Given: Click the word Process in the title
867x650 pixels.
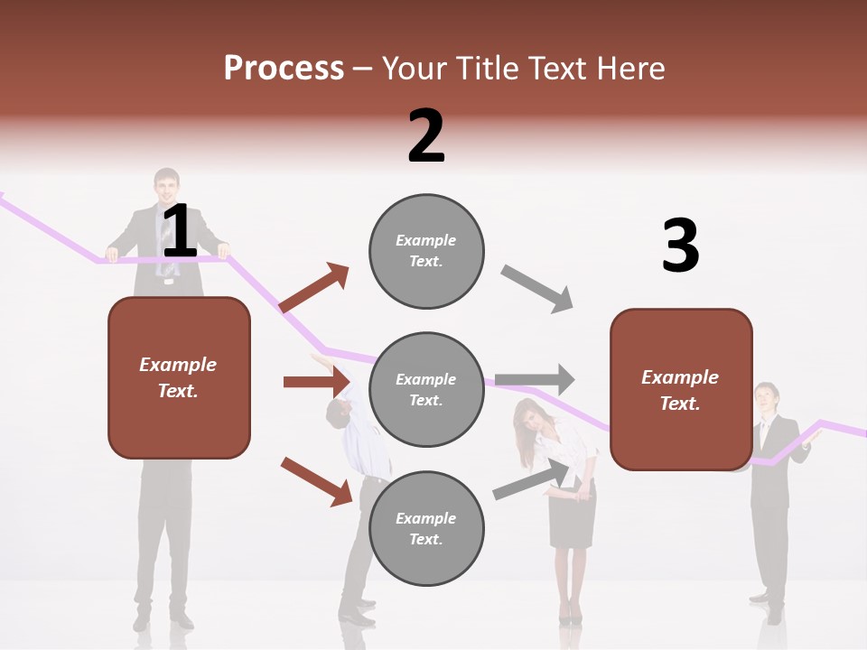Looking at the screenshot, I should [x=284, y=68].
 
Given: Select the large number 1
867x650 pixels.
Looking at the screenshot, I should [x=179, y=232].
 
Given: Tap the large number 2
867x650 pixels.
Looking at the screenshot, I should [x=426, y=136].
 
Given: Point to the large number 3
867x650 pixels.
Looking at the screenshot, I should [x=680, y=246].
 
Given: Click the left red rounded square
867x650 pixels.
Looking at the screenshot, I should [x=179, y=377].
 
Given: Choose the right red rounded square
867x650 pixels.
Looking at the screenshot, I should [x=681, y=389].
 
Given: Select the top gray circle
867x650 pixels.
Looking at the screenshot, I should [x=426, y=251].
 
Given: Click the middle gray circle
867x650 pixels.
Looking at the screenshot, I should [x=426, y=389].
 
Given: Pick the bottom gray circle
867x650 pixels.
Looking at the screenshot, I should [x=426, y=528].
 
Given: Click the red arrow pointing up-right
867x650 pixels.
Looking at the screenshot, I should [x=314, y=288].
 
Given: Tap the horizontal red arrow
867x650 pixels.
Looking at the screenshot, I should [x=316, y=382].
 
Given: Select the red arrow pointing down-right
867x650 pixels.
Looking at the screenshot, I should [x=316, y=481].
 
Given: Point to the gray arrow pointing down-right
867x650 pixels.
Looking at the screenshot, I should [x=537, y=289].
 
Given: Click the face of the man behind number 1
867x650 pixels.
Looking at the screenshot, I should [x=166, y=187].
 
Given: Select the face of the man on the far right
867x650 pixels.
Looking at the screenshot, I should [x=767, y=398].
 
